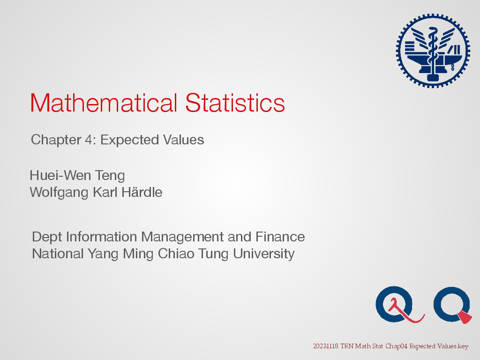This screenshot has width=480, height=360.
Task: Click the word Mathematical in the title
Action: pyautogui.click(x=104, y=103)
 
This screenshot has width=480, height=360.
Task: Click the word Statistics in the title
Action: pyautogui.click(x=235, y=103)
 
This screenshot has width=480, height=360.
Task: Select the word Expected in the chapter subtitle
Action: pyautogui.click(x=129, y=140)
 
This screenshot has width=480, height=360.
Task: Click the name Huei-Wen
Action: pyautogui.click(x=60, y=175)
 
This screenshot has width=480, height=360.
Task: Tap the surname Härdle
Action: pyautogui.click(x=142, y=192)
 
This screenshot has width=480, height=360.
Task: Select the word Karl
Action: pyautogui.click(x=105, y=192)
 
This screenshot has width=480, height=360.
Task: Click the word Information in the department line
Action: pyautogui.click(x=101, y=237)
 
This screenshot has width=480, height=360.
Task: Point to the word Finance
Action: pyautogui.click(x=280, y=237)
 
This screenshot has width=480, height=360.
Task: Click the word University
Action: pyautogui.click(x=263, y=254)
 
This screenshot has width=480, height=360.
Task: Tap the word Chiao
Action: pyautogui.click(x=176, y=254)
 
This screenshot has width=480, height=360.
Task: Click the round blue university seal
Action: pyautogui.click(x=433, y=51)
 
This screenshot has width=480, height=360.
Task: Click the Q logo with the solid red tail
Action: pyautogui.click(x=451, y=304)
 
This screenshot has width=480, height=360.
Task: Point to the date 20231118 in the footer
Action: pyautogui.click(x=326, y=346)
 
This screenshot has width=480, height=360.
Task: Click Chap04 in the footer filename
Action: pyautogui.click(x=396, y=346)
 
